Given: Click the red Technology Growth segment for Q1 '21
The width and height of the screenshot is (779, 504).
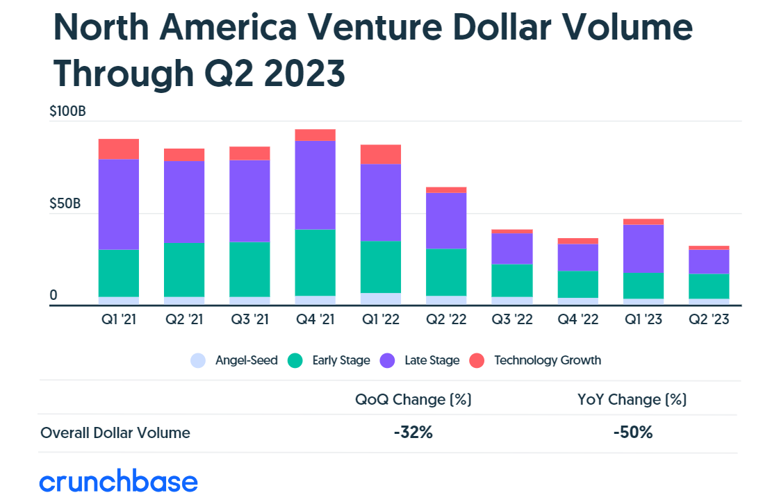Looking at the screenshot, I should click(x=119, y=149).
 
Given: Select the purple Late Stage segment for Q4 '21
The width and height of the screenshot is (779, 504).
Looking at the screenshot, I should click(x=315, y=185).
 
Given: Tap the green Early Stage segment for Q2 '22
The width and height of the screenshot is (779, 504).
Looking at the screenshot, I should click(x=446, y=272).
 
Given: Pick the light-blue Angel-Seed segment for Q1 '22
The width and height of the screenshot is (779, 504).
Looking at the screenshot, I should click(x=381, y=299).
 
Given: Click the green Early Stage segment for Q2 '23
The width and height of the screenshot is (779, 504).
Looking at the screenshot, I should click(x=709, y=286).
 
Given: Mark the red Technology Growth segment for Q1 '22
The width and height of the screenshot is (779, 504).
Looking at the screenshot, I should click(x=381, y=154).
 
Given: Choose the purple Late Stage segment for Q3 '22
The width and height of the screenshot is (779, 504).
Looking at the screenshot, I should click(x=511, y=249).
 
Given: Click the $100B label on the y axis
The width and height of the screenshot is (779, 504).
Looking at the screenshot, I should click(x=67, y=111).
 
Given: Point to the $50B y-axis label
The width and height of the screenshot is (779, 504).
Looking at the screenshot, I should click(x=66, y=204).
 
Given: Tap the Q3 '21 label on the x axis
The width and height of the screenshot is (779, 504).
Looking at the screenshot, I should click(x=249, y=321).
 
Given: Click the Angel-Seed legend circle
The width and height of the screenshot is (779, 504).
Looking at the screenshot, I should click(x=198, y=361).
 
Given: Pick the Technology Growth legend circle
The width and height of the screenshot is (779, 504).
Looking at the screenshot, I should click(x=477, y=361).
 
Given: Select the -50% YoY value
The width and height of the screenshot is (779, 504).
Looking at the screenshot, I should click(x=632, y=432).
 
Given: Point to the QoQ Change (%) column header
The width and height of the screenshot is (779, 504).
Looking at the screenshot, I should click(x=413, y=400).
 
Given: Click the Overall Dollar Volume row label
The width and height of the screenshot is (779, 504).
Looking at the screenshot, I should click(x=115, y=433).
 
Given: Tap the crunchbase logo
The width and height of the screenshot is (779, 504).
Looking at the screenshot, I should click(x=118, y=481).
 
